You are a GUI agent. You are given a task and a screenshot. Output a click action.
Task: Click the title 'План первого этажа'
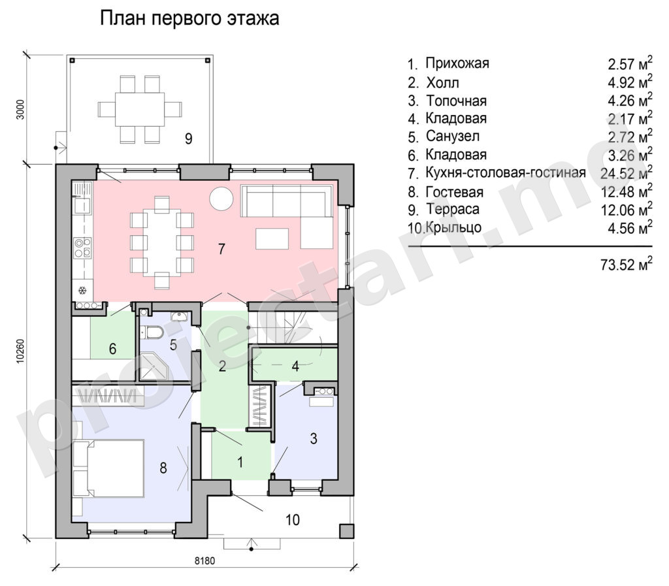(189, 19)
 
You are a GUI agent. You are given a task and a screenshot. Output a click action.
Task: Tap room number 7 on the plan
(221, 249)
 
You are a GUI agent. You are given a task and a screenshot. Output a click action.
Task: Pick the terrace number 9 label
(188, 138)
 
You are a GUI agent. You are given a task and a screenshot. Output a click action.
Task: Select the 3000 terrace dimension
(22, 110)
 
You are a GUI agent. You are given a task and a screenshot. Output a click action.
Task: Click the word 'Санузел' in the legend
(452, 137)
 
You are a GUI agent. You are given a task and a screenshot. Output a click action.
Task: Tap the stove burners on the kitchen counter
(82, 248)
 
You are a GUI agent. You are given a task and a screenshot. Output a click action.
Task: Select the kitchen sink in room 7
(82, 206)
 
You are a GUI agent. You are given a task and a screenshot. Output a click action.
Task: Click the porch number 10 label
(293, 520)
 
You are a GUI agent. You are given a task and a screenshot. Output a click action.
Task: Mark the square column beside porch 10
(346, 530)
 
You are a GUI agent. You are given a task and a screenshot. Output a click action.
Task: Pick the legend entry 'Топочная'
(456, 101)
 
